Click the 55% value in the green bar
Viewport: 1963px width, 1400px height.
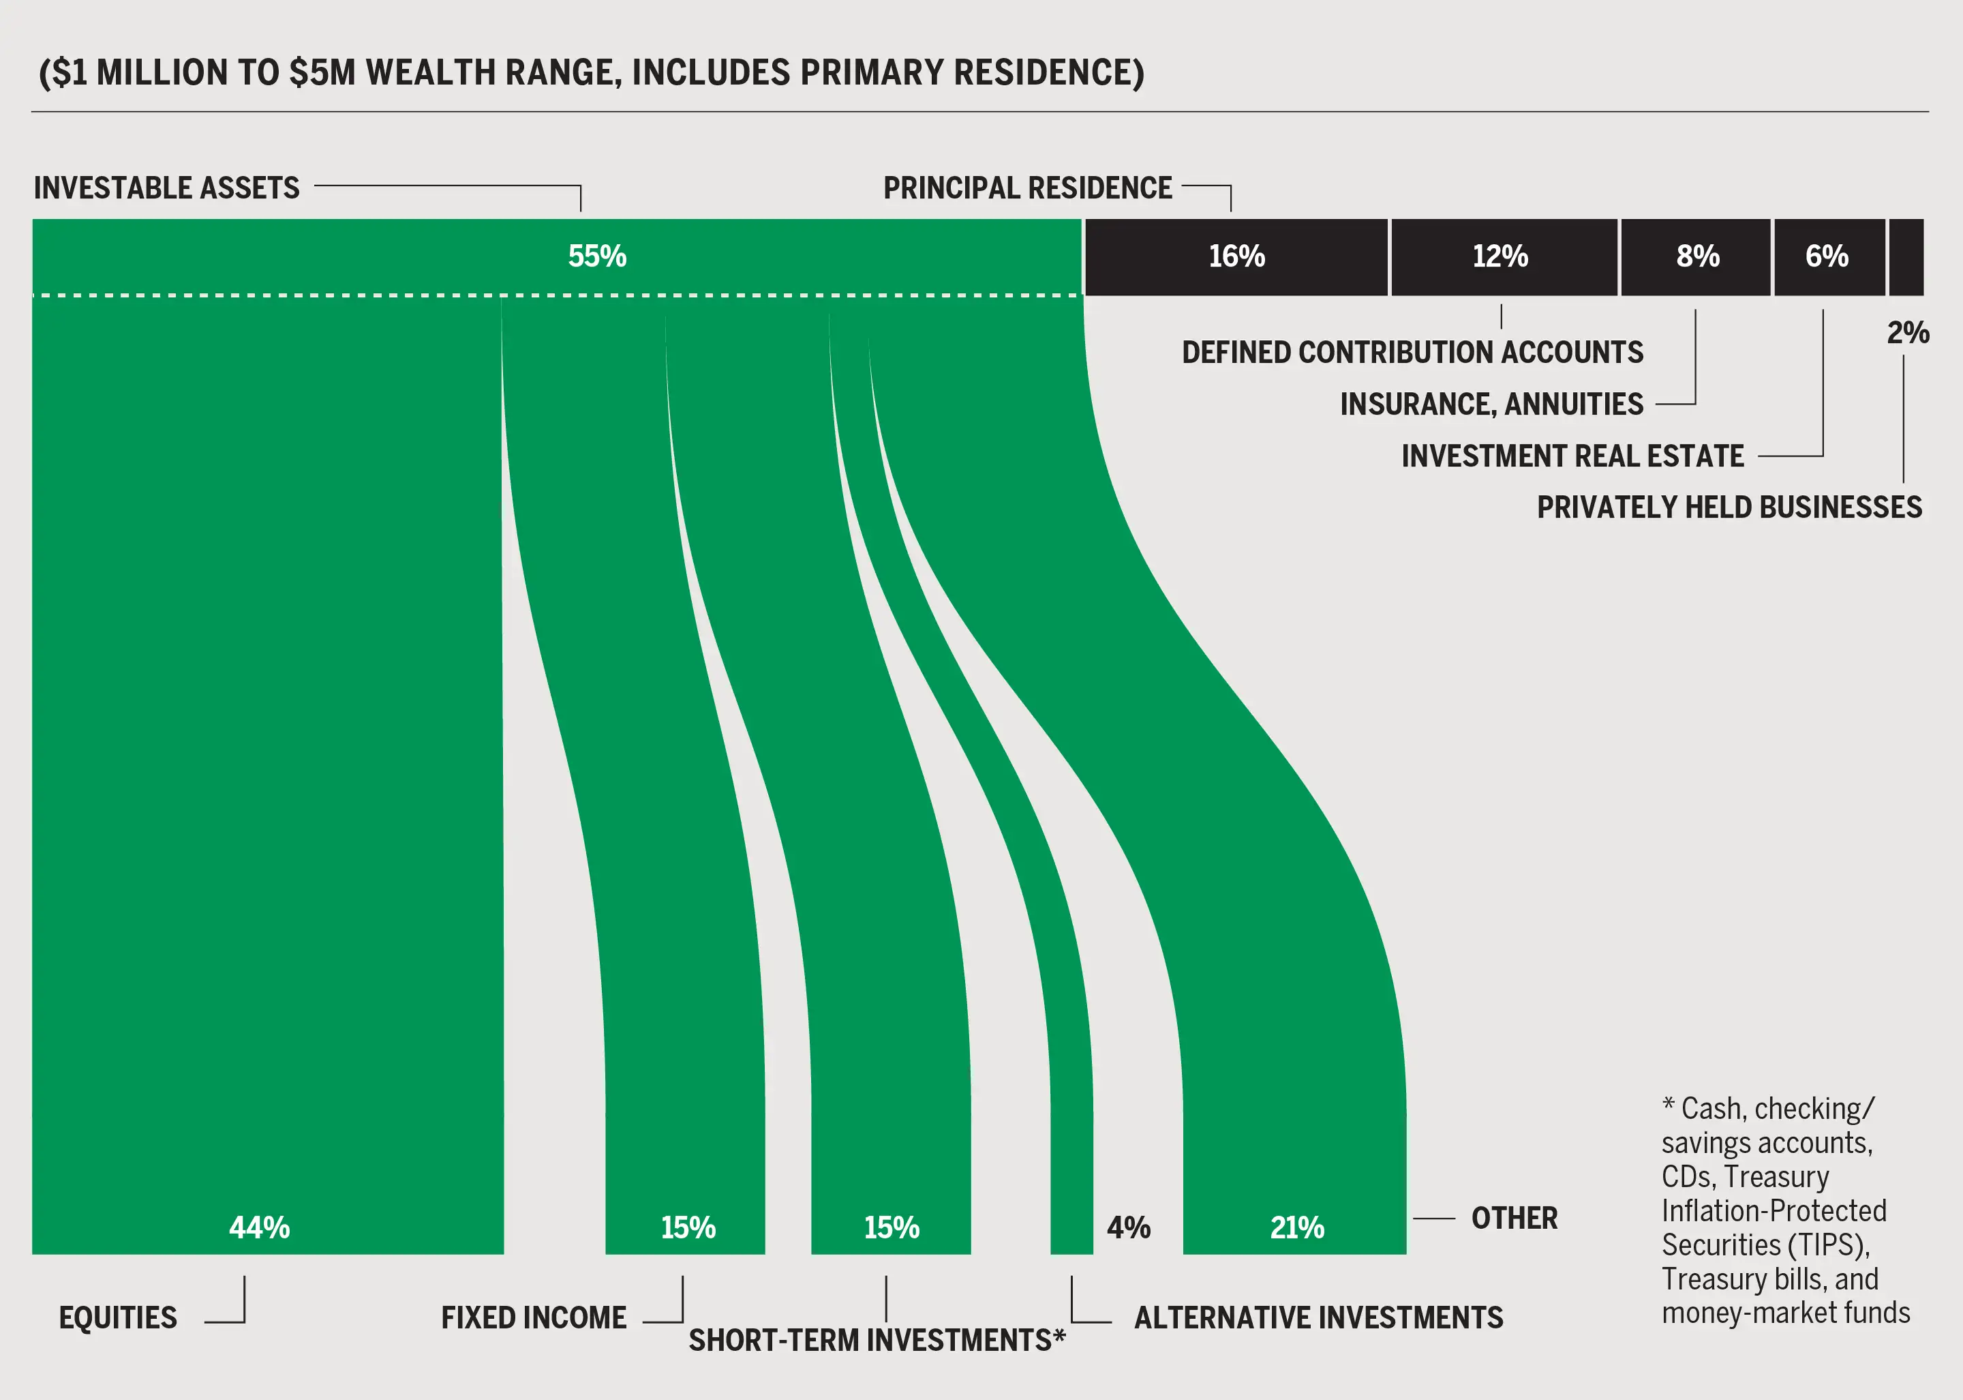tap(597, 256)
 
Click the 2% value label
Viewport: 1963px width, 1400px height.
tap(1908, 333)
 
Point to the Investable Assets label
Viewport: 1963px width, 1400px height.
tap(166, 188)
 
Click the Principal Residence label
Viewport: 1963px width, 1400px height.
tap(1027, 188)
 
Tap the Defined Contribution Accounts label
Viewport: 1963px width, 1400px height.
tap(1412, 353)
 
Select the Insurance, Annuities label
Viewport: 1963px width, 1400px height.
tap(1491, 404)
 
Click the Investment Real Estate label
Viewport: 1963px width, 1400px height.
tap(1572, 456)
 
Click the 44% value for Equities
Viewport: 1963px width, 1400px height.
tap(260, 1227)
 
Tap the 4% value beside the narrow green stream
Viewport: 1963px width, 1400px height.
tap(1129, 1227)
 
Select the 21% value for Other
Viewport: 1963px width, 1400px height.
tap(1297, 1227)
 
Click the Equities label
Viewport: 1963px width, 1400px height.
tap(118, 1318)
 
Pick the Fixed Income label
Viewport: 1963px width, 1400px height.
tap(534, 1318)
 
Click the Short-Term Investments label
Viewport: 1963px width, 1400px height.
tap(877, 1341)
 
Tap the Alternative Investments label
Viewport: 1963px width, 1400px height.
tap(1318, 1318)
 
